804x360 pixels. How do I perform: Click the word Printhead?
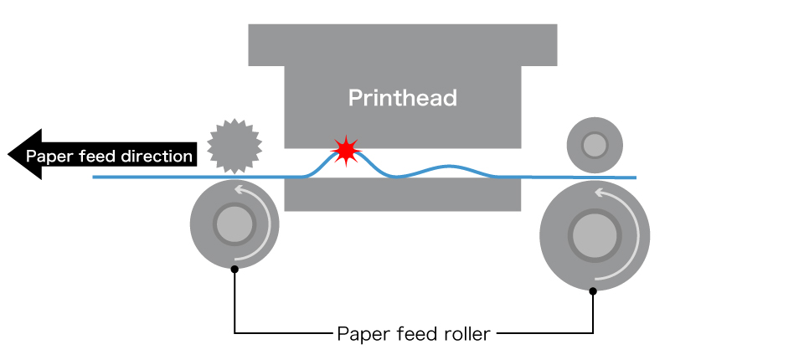[403, 97]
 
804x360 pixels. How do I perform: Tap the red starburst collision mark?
[347, 151]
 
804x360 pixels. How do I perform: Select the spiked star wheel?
[234, 147]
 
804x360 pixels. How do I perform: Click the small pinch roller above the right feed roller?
[595, 145]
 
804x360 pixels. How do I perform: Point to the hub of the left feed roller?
[234, 224]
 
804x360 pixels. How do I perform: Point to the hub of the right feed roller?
[595, 235]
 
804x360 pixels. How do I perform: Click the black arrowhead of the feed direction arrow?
[24, 154]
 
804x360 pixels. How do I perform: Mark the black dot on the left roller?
[234, 270]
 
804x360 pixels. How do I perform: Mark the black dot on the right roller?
[593, 291]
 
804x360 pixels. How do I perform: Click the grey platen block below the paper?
[403, 195]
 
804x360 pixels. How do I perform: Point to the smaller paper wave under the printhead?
[447, 167]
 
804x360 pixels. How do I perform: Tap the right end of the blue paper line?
[636, 178]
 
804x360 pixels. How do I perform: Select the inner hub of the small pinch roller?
[595, 145]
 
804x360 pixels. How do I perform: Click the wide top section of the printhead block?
[403, 45]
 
